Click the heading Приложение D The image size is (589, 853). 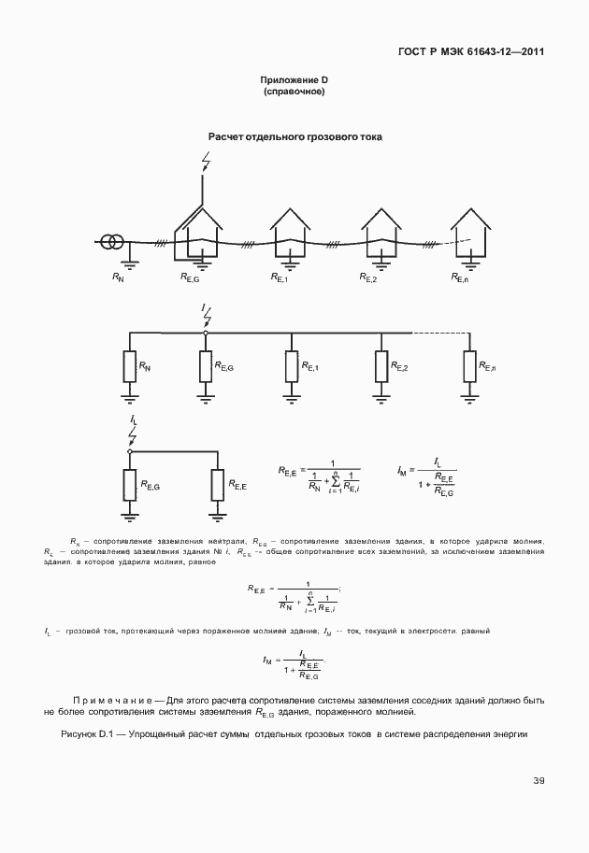click(294, 81)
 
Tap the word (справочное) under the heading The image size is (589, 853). click(294, 92)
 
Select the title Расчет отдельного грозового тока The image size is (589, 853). click(294, 137)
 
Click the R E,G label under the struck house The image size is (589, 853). click(190, 277)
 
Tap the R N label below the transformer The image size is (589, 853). click(117, 277)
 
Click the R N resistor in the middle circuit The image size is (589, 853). click(129, 367)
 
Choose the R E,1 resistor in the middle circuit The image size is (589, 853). click(292, 367)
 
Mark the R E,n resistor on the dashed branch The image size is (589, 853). click(469, 367)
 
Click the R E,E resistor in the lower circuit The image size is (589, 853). click(219, 486)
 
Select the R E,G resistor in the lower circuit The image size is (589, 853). click(130, 486)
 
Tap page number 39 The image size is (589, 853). click(539, 781)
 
